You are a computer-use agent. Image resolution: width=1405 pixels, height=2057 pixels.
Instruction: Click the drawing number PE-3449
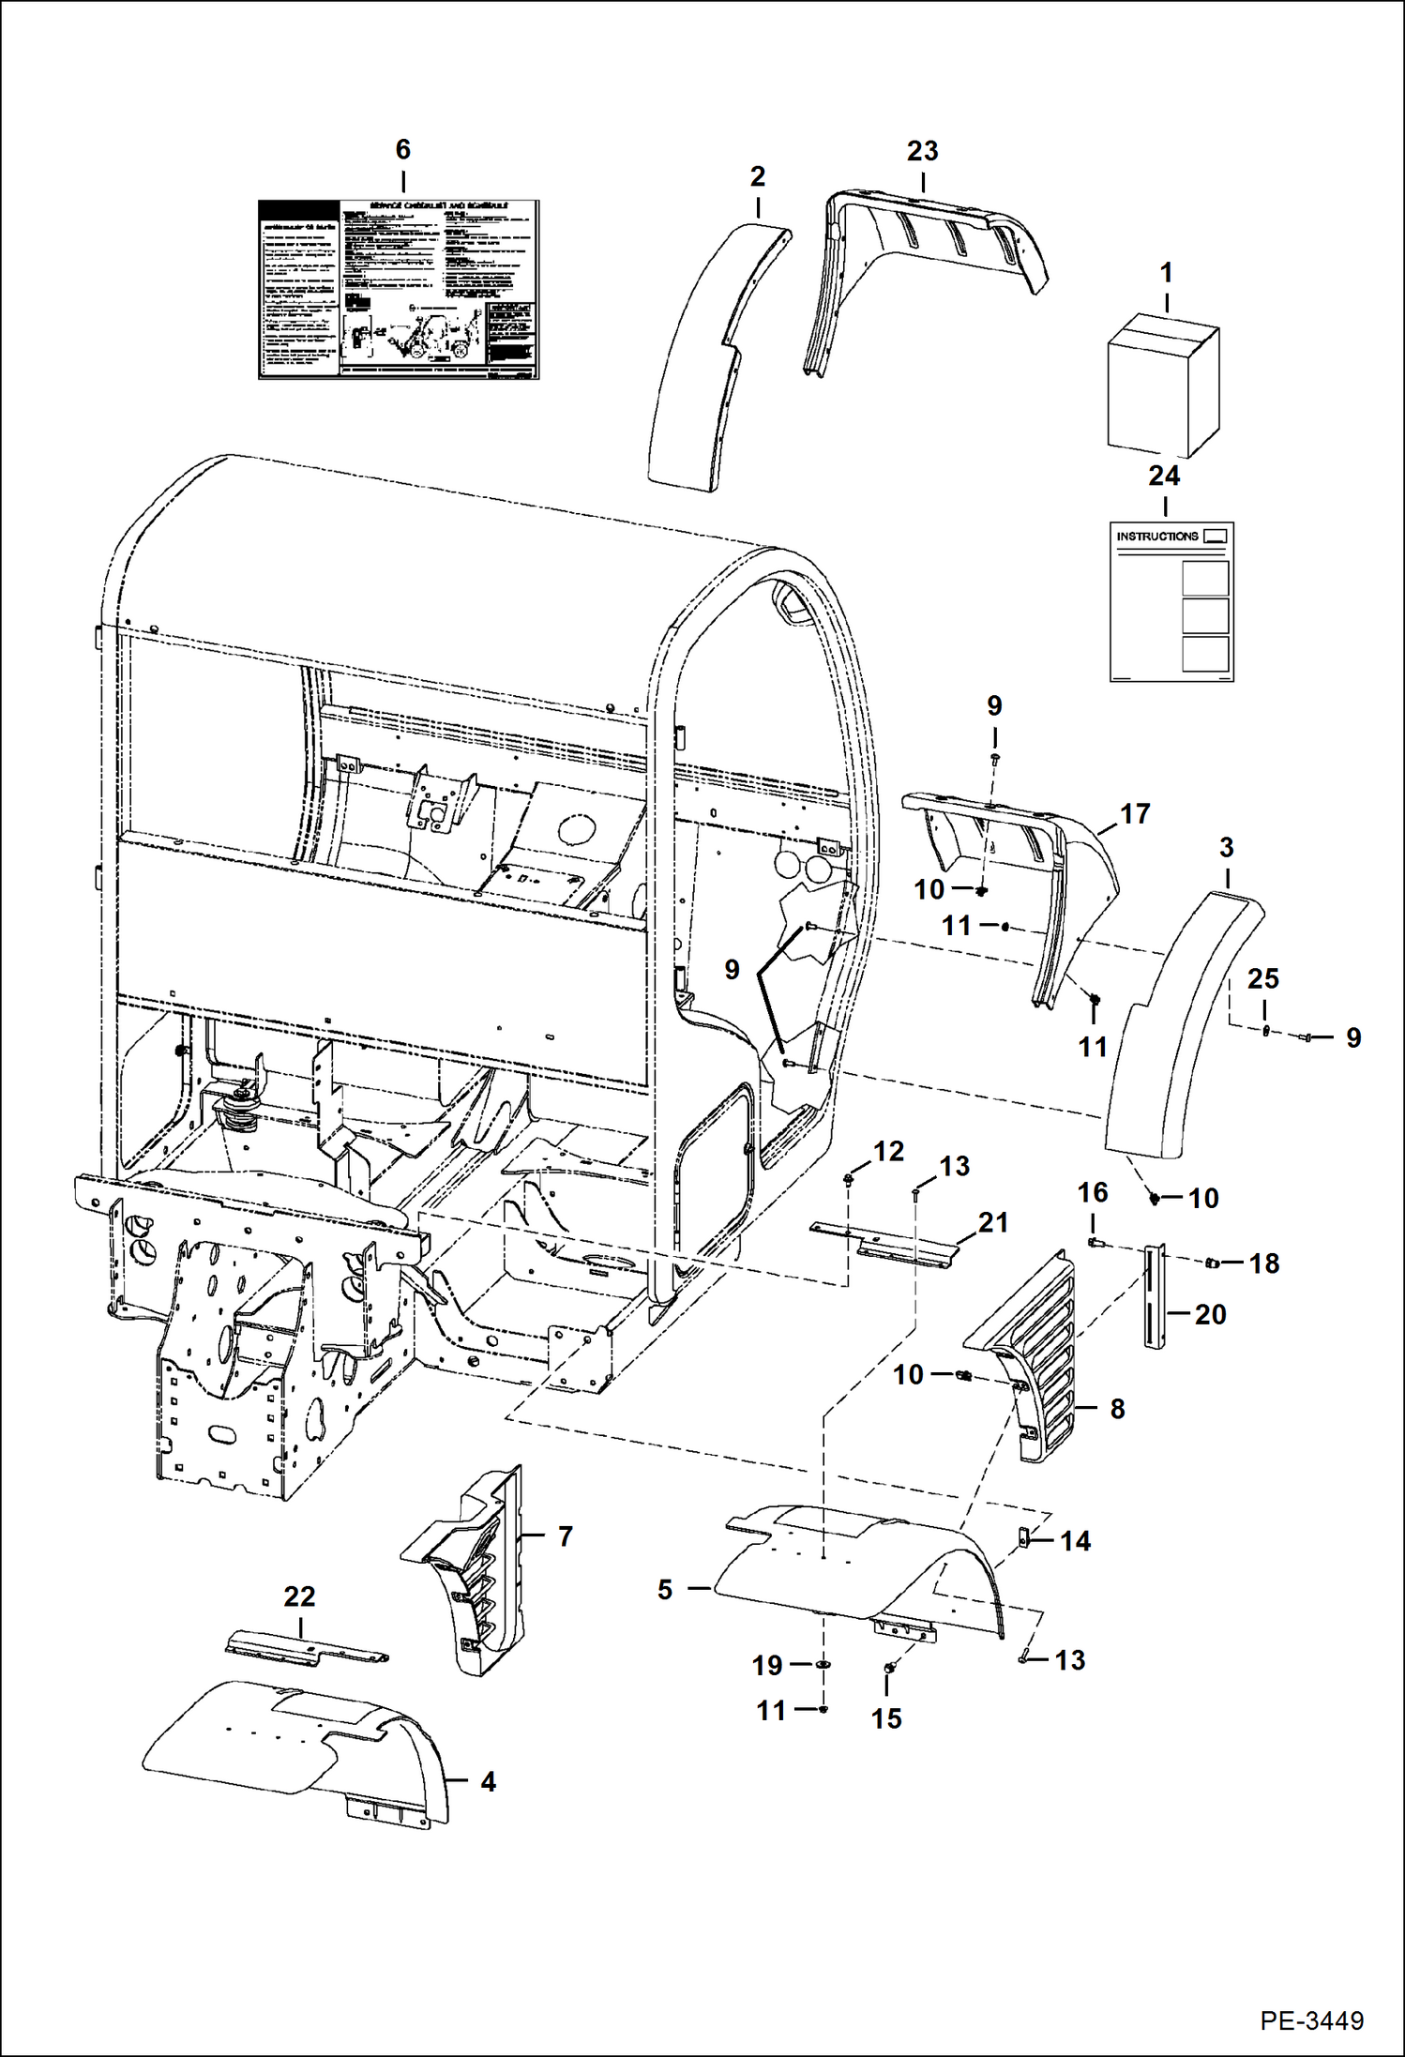pos(1311,2020)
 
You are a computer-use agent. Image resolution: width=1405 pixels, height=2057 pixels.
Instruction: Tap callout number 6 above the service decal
pos(402,150)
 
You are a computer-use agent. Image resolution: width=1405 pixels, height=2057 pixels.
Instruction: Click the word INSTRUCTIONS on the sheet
pos(1156,537)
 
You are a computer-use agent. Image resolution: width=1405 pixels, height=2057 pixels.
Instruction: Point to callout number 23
pos(922,151)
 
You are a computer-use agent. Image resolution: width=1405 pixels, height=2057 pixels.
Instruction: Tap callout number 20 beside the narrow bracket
pos(1210,1315)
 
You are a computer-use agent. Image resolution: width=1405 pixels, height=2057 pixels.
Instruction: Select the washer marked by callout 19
pos(823,1665)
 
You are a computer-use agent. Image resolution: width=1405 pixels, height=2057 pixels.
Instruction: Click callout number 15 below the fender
pos(886,1718)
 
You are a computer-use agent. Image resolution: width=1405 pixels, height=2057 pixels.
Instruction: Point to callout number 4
pos(488,1781)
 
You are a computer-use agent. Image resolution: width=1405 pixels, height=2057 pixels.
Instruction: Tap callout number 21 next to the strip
pos(993,1222)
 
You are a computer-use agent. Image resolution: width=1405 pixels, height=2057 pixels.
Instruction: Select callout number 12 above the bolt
pos(888,1152)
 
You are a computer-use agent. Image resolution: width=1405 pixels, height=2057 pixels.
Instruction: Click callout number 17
pos(1135,814)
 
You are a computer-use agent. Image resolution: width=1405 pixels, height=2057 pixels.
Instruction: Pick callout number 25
pos(1262,979)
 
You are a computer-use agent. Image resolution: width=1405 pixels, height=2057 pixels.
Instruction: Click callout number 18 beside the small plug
pos(1263,1263)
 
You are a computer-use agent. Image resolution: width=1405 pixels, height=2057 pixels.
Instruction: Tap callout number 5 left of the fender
pos(665,1590)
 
